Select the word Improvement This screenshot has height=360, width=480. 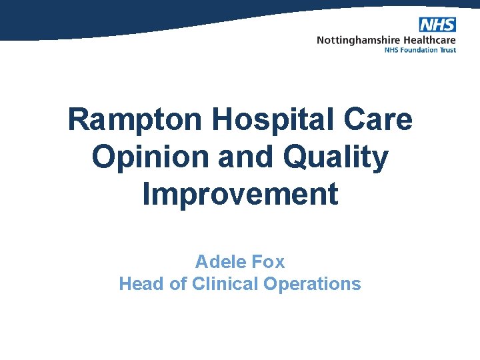[x=240, y=195]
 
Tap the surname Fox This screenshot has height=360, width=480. [x=268, y=261]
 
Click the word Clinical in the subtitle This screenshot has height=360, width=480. [x=225, y=284]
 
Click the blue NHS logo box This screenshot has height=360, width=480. [x=437, y=25]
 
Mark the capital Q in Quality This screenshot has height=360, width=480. [x=299, y=157]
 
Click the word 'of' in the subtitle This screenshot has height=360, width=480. [x=179, y=284]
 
